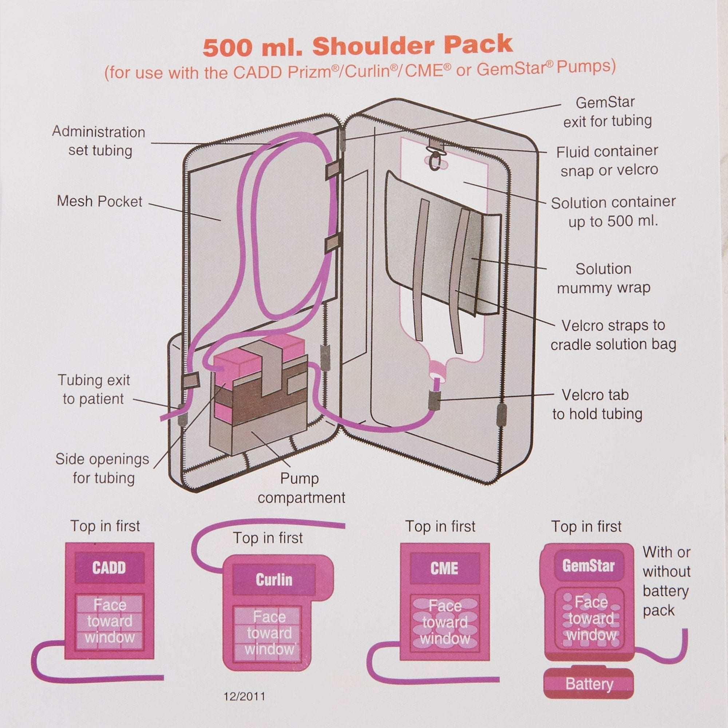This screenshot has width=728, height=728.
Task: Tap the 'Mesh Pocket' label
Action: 99,201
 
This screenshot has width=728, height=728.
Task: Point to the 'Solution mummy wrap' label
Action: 604,278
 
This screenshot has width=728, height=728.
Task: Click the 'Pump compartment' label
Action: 301,488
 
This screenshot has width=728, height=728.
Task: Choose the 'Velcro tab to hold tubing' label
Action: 597,404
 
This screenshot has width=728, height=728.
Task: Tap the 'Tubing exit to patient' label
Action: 94,389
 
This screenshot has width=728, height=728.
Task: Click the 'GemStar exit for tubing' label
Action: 607,111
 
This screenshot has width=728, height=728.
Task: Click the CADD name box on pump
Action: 109,568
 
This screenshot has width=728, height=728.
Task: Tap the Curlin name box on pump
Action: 274,579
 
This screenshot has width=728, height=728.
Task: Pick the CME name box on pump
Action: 445,568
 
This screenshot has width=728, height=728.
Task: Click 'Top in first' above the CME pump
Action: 440,526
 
